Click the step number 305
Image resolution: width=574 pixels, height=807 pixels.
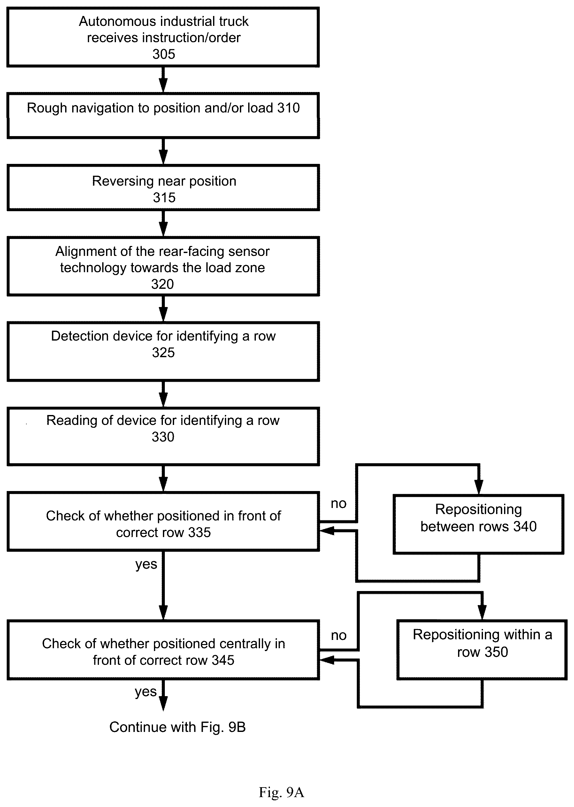[x=164, y=54]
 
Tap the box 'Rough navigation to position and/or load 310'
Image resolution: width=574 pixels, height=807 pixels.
[x=163, y=115]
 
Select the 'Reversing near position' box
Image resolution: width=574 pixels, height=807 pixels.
[x=163, y=188]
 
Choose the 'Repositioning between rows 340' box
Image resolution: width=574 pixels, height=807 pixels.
[x=478, y=524]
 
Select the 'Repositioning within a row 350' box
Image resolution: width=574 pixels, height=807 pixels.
[x=482, y=650]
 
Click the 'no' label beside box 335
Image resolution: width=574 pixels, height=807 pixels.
[x=338, y=504]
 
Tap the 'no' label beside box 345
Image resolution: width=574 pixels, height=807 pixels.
[x=338, y=635]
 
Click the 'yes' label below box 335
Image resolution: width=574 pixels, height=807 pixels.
[x=146, y=565]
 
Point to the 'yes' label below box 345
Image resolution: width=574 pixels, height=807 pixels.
[x=146, y=692]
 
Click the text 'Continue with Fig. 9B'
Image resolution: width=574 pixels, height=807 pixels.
[x=177, y=727]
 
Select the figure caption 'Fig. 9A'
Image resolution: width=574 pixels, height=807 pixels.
[x=281, y=792]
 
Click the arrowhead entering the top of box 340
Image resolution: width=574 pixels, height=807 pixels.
[x=478, y=487]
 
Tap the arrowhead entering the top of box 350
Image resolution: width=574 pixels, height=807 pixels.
[x=482, y=612]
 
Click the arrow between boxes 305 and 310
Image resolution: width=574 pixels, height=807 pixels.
[x=163, y=80]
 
